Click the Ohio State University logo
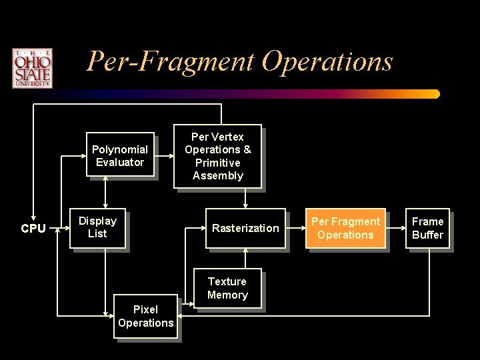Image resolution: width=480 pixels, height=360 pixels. (31, 68)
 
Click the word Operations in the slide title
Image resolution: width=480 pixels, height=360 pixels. (327, 62)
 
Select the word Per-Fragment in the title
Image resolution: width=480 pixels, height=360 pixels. (171, 62)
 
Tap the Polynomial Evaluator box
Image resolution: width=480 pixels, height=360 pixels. (120, 155)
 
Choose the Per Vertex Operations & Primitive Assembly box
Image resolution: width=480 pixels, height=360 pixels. (217, 157)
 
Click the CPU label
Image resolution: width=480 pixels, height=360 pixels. (33, 229)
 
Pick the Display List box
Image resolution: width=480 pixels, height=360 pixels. (98, 227)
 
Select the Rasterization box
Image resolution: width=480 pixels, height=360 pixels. (245, 229)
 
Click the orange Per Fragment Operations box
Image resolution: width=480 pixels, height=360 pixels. (346, 228)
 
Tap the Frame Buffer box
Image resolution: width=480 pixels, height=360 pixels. (427, 228)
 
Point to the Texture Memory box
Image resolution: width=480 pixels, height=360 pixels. (227, 289)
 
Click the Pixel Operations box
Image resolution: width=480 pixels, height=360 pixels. (145, 317)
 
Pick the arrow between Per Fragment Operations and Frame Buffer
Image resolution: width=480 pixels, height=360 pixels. (397, 229)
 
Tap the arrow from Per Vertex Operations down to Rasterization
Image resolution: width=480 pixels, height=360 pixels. (246, 199)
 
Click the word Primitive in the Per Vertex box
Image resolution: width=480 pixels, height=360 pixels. (217, 163)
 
